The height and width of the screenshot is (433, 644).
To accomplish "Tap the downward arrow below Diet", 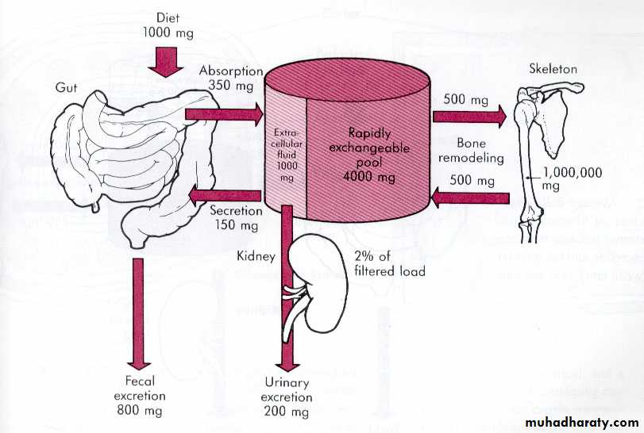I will [x=168, y=60].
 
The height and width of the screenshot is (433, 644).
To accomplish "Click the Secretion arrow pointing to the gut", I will [x=227, y=194].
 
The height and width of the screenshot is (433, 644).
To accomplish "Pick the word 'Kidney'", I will [x=255, y=257].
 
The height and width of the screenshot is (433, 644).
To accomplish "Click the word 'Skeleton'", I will [x=553, y=69].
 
